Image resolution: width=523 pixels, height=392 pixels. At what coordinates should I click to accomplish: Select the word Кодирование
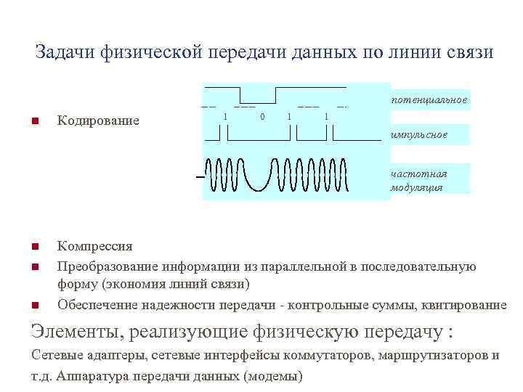pyautogui.click(x=98, y=120)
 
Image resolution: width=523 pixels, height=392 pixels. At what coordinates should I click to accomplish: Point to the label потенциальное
pyautogui.click(x=429, y=99)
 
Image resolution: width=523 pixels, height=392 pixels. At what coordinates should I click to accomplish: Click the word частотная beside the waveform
pyautogui.click(x=418, y=173)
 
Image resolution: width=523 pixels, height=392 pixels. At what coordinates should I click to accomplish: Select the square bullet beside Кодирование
pyautogui.click(x=35, y=120)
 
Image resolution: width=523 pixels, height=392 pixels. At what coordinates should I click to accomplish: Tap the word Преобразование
pyautogui.click(x=108, y=266)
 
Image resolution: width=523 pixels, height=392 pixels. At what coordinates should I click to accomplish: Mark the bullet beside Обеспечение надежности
pyautogui.click(x=35, y=305)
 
